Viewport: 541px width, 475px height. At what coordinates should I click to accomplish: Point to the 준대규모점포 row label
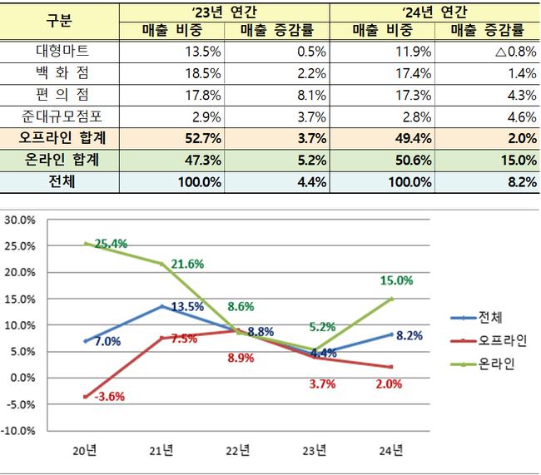pyautogui.click(x=60, y=116)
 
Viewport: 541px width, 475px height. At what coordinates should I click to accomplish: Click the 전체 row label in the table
pyautogui.click(x=60, y=181)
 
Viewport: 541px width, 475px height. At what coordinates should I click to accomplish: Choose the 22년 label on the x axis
pyautogui.click(x=238, y=452)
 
